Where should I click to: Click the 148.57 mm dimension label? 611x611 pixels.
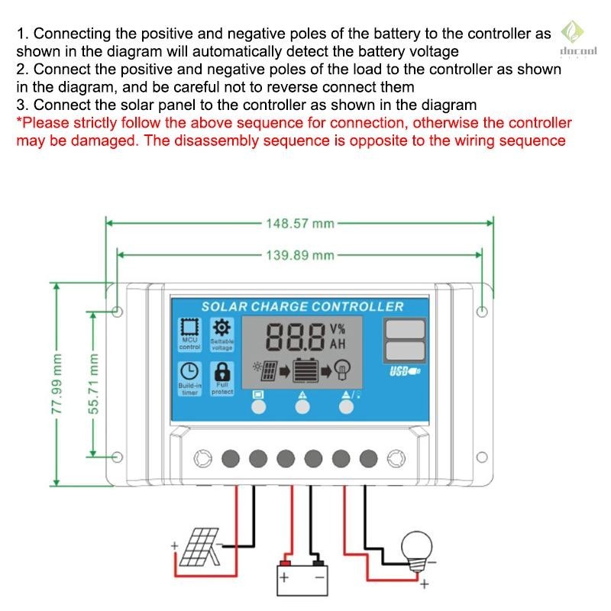click(300, 224)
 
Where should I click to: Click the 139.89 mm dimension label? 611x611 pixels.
click(300, 255)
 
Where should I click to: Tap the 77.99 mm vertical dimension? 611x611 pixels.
click(56, 384)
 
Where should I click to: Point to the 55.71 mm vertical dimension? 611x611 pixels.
click(93, 384)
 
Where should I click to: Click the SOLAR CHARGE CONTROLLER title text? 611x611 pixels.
click(302, 306)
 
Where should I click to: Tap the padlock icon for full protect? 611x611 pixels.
click(221, 371)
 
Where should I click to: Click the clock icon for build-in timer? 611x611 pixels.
click(189, 371)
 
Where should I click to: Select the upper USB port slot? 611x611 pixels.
click(405, 329)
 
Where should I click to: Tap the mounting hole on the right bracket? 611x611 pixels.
click(481, 312)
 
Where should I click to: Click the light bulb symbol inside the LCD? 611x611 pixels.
click(343, 372)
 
